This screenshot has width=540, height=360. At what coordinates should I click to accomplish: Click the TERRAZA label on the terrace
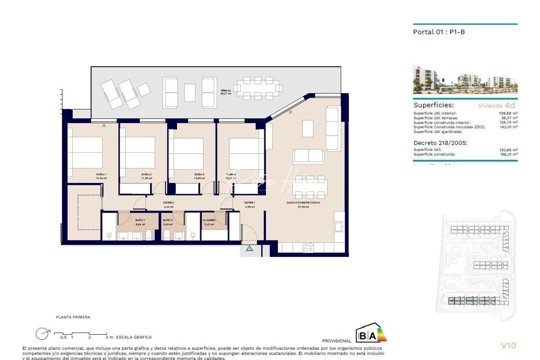click(x=226, y=91)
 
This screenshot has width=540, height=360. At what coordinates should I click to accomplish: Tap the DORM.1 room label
click(x=101, y=174)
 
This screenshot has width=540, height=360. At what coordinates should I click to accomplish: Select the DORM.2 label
click(x=147, y=174)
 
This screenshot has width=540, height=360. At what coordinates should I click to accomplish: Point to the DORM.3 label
click(x=199, y=174)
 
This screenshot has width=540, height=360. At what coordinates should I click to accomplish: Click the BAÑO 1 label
click(x=140, y=220)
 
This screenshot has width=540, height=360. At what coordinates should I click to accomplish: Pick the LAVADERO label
click(x=209, y=220)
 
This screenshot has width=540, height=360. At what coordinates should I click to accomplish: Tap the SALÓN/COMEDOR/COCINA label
click(x=303, y=203)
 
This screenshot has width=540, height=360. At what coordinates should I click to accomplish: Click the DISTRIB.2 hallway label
click(x=169, y=203)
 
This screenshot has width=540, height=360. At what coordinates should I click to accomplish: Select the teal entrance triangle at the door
click(x=249, y=248)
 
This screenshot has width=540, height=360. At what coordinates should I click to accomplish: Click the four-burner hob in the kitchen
click(x=308, y=247)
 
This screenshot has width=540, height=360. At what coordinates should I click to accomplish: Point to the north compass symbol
click(x=42, y=333)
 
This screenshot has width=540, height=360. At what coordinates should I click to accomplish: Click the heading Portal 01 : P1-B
click(x=439, y=32)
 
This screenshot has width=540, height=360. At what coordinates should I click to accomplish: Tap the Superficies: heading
click(x=433, y=105)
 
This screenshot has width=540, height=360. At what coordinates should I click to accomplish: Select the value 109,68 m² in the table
click(x=508, y=113)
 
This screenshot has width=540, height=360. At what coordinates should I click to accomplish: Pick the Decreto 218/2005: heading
click(x=440, y=143)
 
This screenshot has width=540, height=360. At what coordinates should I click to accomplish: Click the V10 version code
click(x=508, y=346)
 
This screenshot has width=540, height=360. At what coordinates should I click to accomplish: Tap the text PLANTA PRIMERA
click(x=73, y=317)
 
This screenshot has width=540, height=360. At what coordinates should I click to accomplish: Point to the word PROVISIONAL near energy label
click(x=337, y=341)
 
